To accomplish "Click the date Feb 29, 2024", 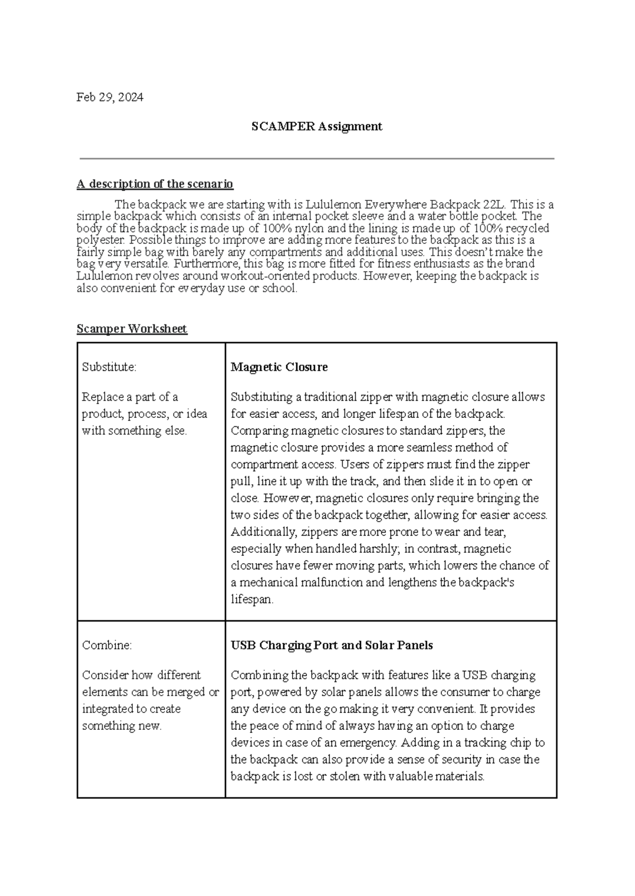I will pos(110,97).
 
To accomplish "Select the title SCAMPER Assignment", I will pos(316,126).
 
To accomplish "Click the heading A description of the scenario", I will pos(155,184).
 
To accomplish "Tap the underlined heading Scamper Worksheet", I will pos(132,329).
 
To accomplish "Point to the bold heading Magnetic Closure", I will pos(279,367).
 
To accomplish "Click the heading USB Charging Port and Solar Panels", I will pos(332,645).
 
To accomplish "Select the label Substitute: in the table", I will pos(109,367).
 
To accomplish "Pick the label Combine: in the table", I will pos(107,645).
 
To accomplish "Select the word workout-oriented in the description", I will pos(265,276).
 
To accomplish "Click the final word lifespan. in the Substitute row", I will pos(252,600).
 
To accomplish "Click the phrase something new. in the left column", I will pos(122,726).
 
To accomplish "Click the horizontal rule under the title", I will pos(316,158).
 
